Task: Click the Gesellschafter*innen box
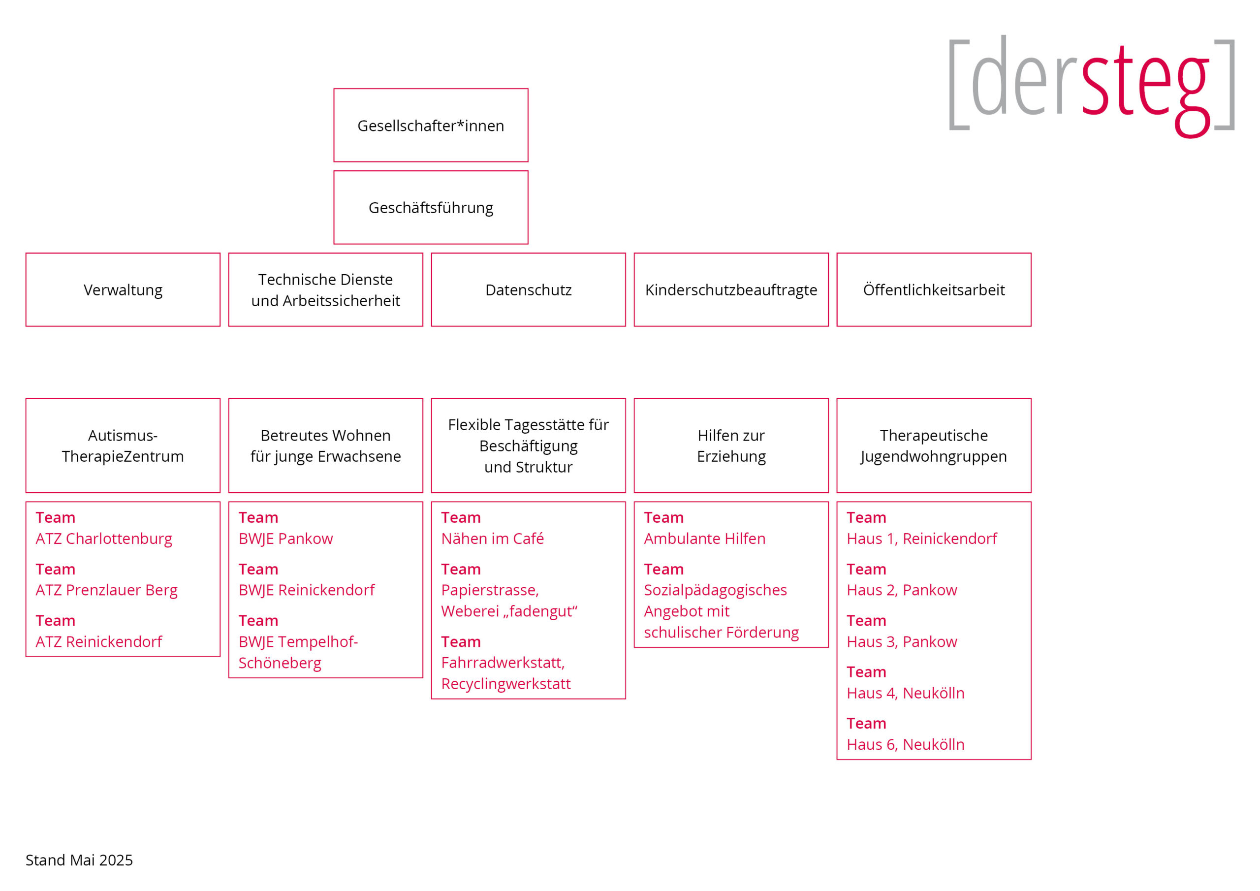(x=431, y=125)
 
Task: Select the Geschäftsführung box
(x=431, y=208)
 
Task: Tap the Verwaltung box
(x=123, y=290)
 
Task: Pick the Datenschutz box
(x=529, y=290)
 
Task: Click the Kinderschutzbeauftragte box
(x=731, y=290)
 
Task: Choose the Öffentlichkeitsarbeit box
(x=934, y=290)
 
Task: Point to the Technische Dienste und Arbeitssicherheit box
(x=325, y=290)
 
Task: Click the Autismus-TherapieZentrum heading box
(x=123, y=446)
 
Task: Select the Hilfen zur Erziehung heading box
(x=731, y=446)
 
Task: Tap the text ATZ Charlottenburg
(x=104, y=539)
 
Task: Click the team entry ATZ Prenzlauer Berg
(x=106, y=590)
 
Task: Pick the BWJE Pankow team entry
(x=285, y=539)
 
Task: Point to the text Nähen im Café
(x=492, y=539)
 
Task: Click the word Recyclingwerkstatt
(x=506, y=684)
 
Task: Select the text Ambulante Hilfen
(x=705, y=539)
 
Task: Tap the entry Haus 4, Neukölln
(x=906, y=694)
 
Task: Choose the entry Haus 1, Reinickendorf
(x=922, y=539)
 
